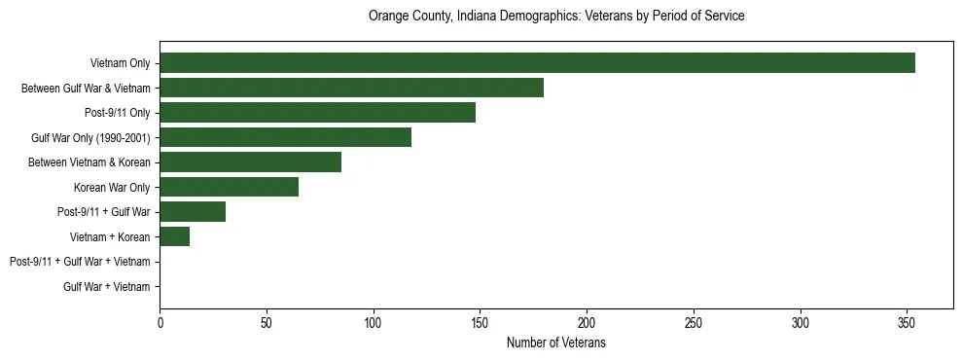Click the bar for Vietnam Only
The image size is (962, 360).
point(537,63)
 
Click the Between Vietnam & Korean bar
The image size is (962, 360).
point(250,162)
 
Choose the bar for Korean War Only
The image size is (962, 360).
point(229,187)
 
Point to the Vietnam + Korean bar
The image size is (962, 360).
point(174,236)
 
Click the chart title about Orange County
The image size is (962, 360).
point(556,17)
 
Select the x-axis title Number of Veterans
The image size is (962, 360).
point(556,343)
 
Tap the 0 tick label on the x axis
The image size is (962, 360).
point(160,322)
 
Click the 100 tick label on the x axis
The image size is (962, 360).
point(374,322)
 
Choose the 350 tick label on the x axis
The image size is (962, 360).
point(907,322)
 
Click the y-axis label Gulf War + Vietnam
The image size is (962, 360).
point(107,287)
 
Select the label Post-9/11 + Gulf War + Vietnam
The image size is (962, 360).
point(80,262)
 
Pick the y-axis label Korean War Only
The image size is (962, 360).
point(112,187)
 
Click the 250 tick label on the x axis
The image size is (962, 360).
point(694,322)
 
